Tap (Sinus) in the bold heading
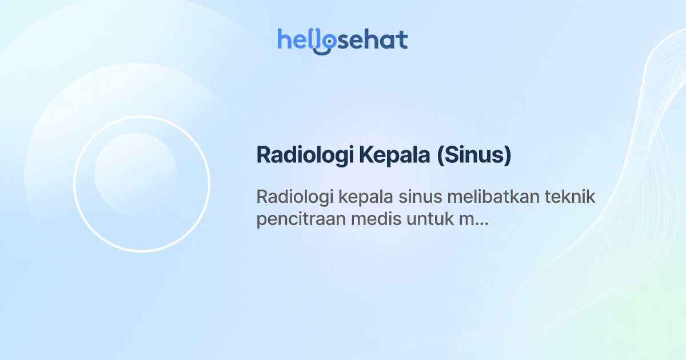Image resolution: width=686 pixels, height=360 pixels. point(474,155)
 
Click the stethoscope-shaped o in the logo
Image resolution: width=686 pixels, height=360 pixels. point(326,42)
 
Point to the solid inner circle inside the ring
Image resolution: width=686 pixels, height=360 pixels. point(135,174)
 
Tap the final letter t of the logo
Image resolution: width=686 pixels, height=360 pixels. point(402,39)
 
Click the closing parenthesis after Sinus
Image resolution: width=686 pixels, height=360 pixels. point(508,155)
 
